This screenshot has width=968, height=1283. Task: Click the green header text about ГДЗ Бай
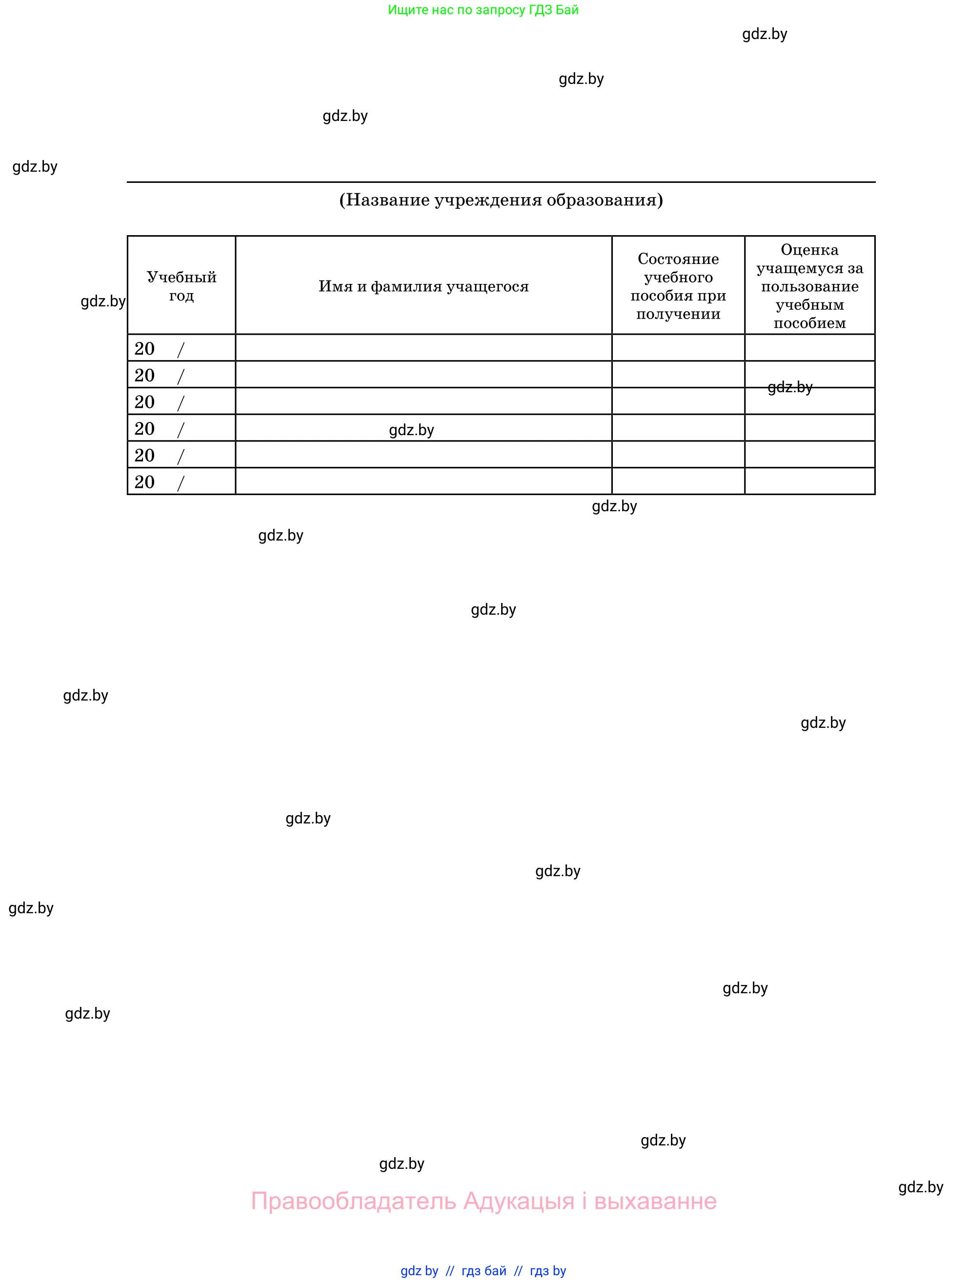pyautogui.click(x=483, y=10)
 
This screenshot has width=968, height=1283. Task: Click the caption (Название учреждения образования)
pyautogui.click(x=501, y=200)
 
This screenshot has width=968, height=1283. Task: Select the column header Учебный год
pyautogui.click(x=181, y=286)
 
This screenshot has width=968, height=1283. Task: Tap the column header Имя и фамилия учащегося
pyautogui.click(x=423, y=286)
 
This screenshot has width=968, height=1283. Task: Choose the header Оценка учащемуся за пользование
pyautogui.click(x=809, y=286)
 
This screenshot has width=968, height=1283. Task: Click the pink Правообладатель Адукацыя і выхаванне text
pyautogui.click(x=483, y=1201)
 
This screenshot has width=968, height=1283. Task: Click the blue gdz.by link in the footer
pyautogui.click(x=419, y=1271)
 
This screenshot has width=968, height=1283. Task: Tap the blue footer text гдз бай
pyautogui.click(x=484, y=1271)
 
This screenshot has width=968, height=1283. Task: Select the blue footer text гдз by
pyautogui.click(x=547, y=1271)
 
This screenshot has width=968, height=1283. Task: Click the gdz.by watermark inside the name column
pyautogui.click(x=411, y=430)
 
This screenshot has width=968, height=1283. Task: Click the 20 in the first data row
pyautogui.click(x=144, y=349)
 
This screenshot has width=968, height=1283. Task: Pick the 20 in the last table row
pyautogui.click(x=144, y=482)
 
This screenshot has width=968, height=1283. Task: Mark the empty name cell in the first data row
pyautogui.click(x=423, y=347)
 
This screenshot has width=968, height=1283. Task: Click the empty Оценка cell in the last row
pyautogui.click(x=809, y=481)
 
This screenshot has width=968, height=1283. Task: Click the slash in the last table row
pyautogui.click(x=181, y=482)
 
